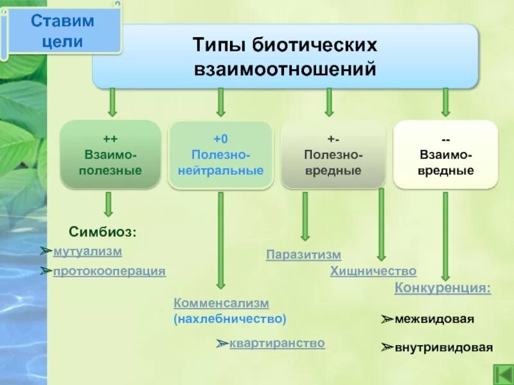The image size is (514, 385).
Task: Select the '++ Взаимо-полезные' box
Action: (x=110, y=155)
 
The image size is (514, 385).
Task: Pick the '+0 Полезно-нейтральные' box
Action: (x=220, y=155)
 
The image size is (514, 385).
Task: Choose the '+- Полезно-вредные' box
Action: (x=333, y=155)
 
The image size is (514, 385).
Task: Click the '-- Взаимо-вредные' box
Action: (x=446, y=155)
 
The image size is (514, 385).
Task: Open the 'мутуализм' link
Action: (x=87, y=252)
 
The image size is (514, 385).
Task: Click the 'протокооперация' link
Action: (x=109, y=271)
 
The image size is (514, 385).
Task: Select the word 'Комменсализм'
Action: (x=221, y=303)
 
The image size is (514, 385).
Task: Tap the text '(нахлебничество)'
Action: (x=229, y=318)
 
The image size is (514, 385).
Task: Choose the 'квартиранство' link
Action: (x=277, y=343)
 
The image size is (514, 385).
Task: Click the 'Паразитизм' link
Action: (x=303, y=255)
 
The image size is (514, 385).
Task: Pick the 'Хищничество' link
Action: (x=373, y=271)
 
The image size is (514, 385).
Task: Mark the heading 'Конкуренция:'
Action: (x=442, y=289)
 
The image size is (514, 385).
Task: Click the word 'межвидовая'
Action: (x=434, y=319)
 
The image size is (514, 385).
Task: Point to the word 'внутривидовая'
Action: (x=444, y=348)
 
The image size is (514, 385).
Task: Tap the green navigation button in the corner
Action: (x=502, y=373)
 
